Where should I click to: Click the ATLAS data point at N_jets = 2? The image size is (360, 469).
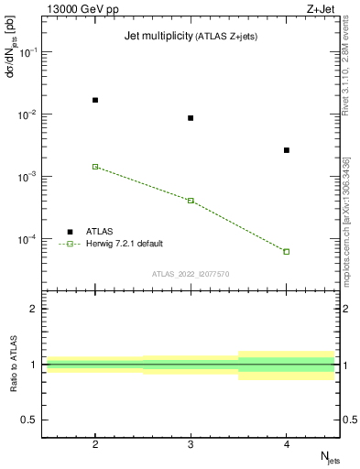[95, 100]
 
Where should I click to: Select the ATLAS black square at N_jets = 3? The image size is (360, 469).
[191, 118]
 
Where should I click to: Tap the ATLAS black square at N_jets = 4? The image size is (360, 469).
[287, 150]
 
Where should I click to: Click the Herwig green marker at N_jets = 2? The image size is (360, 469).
[95, 167]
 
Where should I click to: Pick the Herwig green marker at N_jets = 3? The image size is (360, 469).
[191, 200]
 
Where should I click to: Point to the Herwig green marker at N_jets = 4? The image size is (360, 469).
[287, 251]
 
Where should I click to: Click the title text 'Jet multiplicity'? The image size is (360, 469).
[157, 36]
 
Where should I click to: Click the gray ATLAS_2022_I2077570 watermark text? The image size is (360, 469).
[191, 273]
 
